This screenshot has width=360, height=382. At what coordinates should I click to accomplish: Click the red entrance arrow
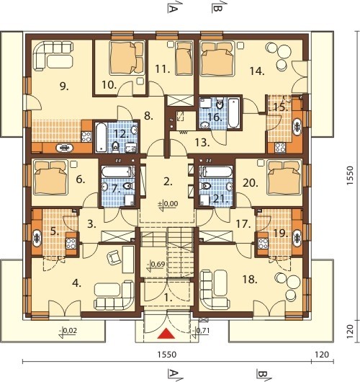pos(166,333)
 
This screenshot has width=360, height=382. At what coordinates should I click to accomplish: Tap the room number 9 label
pos(64,86)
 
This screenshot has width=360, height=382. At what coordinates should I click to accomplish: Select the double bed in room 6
pos(51,177)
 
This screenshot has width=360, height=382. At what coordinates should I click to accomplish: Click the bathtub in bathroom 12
pos(101,137)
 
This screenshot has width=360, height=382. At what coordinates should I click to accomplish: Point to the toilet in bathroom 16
pos(220,105)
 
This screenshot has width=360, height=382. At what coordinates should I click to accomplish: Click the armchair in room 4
pos(113,257)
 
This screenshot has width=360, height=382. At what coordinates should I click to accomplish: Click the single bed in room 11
pos(184,58)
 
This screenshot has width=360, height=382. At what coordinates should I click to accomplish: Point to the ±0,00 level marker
pos(168,204)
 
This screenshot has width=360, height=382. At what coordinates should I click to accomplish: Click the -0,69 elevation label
pos(156,264)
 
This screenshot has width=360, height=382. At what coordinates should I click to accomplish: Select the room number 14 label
pos(257,71)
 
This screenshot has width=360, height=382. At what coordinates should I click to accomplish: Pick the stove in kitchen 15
pos(280,147)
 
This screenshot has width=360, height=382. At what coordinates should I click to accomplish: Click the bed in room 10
pos(127,58)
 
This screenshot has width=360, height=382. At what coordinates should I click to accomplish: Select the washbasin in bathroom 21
pos(229,187)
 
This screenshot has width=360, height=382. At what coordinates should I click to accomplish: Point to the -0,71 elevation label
pos(201,331)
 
